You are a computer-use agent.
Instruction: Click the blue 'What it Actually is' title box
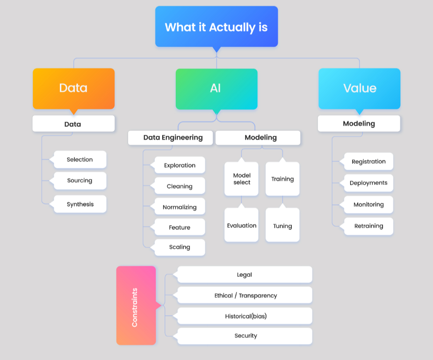[216, 27]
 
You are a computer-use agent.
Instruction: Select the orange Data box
[73, 88]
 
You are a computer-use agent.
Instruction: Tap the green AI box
[216, 88]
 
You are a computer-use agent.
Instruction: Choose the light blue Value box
[359, 88]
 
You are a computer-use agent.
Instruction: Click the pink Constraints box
[136, 306]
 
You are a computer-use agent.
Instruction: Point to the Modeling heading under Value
[359, 123]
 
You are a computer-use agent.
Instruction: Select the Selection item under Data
[80, 159]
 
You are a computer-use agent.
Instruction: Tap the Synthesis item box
[80, 204]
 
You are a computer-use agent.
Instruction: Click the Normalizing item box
[180, 207]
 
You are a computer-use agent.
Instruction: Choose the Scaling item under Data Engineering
[180, 247]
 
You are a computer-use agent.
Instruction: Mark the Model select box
[241, 179]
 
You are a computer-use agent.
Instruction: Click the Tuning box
[282, 225]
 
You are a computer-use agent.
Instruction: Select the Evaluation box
[241, 225]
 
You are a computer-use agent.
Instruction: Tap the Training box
[282, 179]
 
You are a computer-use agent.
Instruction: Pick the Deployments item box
[368, 183]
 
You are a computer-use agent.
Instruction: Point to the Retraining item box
[368, 226]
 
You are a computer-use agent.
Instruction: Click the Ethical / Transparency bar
[245, 295]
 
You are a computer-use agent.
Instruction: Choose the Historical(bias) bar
[245, 316]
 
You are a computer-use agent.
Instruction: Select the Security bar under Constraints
[245, 336]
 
